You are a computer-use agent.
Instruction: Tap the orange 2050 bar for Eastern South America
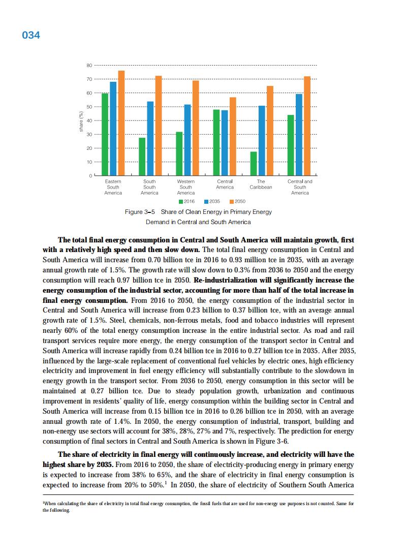pyautogui.click(x=121, y=123)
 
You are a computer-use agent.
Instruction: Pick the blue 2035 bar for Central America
pyautogui.click(x=225, y=143)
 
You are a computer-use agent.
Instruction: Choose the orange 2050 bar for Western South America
pyautogui.click(x=196, y=128)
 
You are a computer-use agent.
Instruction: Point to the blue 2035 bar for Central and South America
pyautogui.click(x=299, y=135)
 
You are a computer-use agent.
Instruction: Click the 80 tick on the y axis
pyautogui.click(x=89, y=66)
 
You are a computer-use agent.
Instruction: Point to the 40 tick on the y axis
pyautogui.click(x=89, y=120)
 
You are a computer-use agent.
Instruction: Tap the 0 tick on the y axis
pyautogui.click(x=90, y=176)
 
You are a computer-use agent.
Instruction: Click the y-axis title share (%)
pyautogui.click(x=81, y=122)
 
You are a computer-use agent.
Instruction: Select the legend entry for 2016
pyautogui.click(x=182, y=202)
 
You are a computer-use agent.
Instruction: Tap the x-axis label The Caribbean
pyautogui.click(x=261, y=184)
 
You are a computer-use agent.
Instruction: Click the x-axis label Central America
pyautogui.click(x=225, y=184)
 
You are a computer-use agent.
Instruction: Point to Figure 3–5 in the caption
pyautogui.click(x=139, y=212)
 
